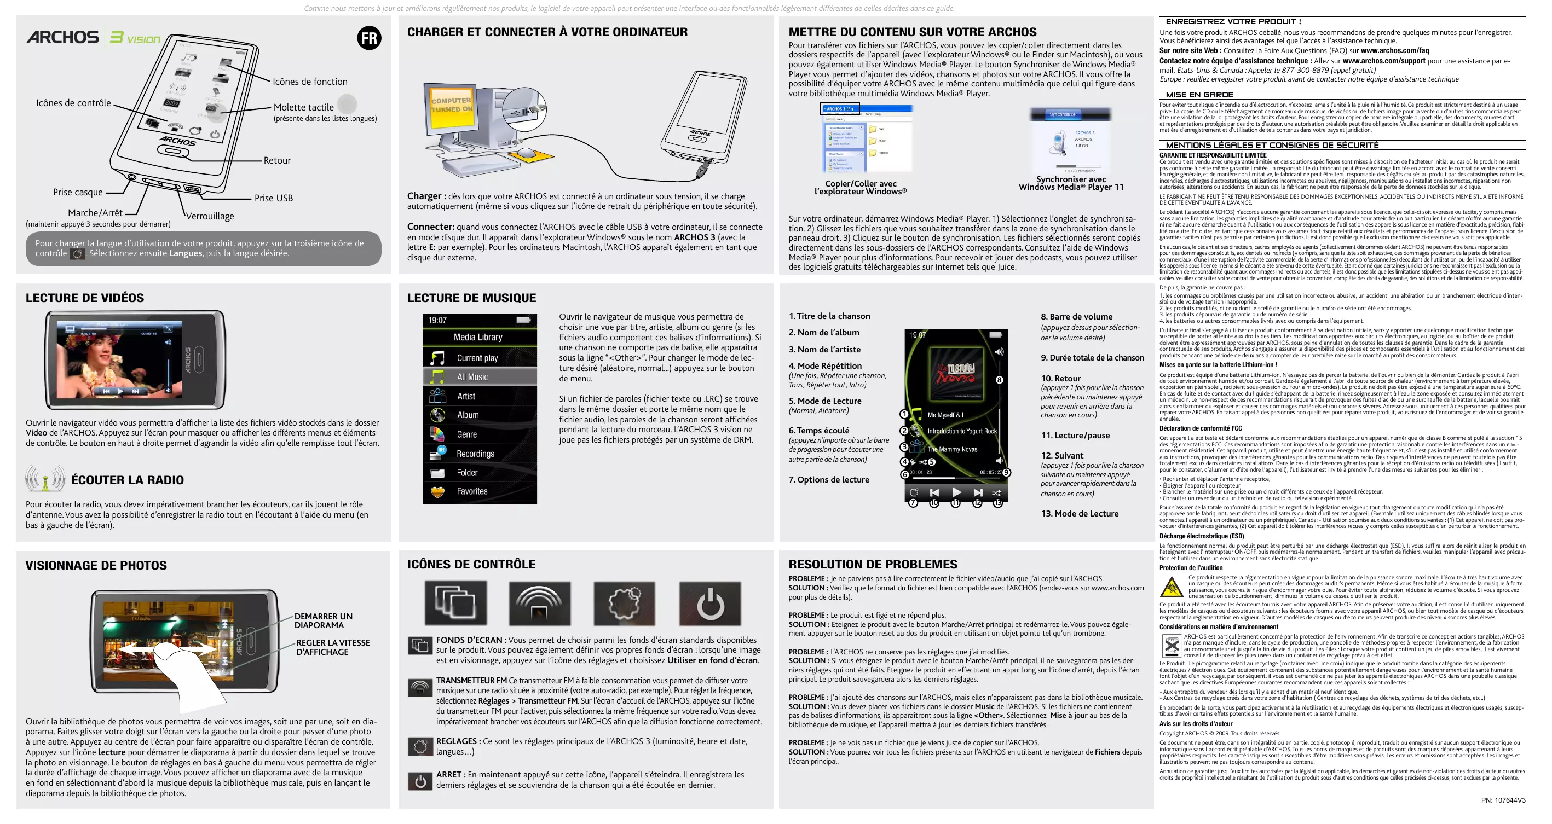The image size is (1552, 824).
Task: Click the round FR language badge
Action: [x=369, y=38]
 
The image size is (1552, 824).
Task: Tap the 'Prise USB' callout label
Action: [x=274, y=198]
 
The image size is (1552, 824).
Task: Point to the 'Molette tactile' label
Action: [x=304, y=107]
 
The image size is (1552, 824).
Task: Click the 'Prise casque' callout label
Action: [x=78, y=192]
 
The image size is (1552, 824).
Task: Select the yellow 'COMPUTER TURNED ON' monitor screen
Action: [x=451, y=106]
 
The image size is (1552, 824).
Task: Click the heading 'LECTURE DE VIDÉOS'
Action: [x=85, y=298]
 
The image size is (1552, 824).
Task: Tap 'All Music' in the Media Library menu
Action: [x=472, y=377]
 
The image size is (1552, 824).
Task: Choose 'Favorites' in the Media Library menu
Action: [x=472, y=491]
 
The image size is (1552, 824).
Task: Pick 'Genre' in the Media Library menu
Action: [x=467, y=434]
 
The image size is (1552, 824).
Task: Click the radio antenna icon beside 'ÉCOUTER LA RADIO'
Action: [x=44, y=479]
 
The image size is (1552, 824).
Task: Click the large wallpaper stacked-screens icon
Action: [x=456, y=604]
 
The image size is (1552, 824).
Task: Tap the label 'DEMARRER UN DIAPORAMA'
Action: [x=323, y=620]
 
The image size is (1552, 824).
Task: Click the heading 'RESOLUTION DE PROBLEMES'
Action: [x=873, y=565]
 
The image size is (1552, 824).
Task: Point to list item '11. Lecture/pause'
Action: [x=1075, y=436]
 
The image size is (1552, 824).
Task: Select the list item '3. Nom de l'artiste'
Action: [x=824, y=350]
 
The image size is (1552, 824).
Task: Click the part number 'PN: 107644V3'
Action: [x=1503, y=800]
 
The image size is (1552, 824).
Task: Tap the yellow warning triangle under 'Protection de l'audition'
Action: [x=1171, y=587]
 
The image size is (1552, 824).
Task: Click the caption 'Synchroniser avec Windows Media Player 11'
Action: [x=1071, y=183]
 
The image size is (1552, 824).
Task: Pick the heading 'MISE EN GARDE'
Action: [x=1199, y=95]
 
